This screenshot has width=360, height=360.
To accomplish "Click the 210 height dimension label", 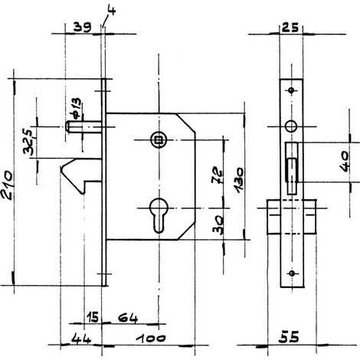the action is pos(7,185).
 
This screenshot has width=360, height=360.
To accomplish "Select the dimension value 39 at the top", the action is pos(82,27).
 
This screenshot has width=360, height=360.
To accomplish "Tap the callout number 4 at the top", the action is pos(112,10).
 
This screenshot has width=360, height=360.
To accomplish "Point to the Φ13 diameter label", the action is pos(77,108).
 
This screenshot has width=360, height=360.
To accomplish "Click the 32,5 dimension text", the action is pos(28,142).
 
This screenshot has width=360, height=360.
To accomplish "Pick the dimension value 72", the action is pos(217,175).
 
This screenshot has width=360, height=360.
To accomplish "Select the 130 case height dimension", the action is pos(239,180).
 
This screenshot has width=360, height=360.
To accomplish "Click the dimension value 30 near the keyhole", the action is pos(218,224).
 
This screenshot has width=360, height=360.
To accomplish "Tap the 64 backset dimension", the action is pos(128,319).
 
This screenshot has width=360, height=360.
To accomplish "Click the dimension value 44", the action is pos(80,339).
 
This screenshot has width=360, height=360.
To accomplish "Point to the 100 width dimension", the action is pos(151,339).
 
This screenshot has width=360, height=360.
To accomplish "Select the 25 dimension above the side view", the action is pos(290,28).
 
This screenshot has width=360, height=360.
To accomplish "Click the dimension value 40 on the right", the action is pos(345,162).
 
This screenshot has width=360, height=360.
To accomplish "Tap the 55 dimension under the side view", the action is pos(289,337).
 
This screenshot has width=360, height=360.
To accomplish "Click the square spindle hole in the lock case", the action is pos(159,140).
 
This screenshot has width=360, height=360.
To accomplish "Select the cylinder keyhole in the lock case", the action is pos(159,215).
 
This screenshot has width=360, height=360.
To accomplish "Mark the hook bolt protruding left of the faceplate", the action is pos(81,175).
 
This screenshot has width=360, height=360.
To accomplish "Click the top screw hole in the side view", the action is pos(291,90).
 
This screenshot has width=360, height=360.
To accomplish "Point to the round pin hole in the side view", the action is pos(291,126).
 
